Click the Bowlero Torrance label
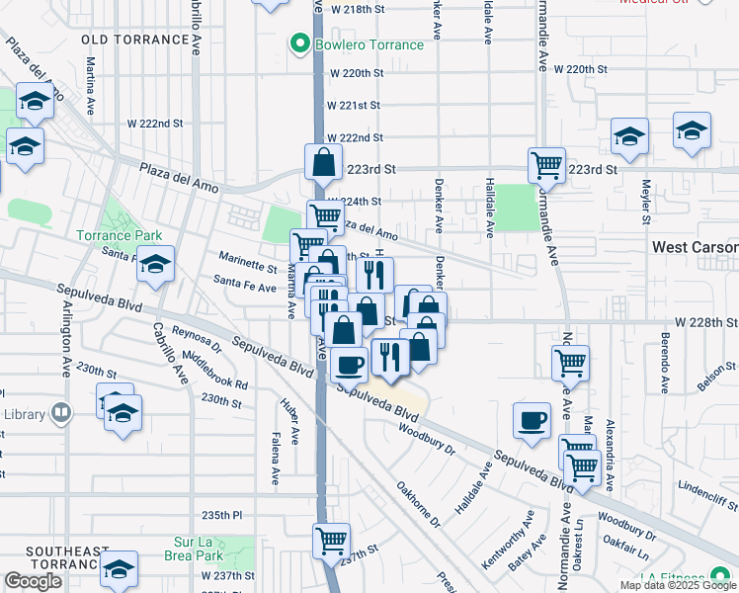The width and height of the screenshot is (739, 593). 369,44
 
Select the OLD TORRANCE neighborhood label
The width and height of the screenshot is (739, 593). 135,40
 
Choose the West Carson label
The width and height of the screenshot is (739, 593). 696,247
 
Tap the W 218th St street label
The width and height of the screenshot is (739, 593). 356,8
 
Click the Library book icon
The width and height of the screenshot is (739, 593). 61,412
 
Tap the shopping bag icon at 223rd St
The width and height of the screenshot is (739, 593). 323,160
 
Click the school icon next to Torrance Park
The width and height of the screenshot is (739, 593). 155,263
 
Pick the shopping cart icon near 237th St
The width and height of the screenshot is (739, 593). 331,540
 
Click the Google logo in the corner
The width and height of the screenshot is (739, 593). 33,581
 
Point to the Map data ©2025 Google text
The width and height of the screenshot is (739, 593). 678,585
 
